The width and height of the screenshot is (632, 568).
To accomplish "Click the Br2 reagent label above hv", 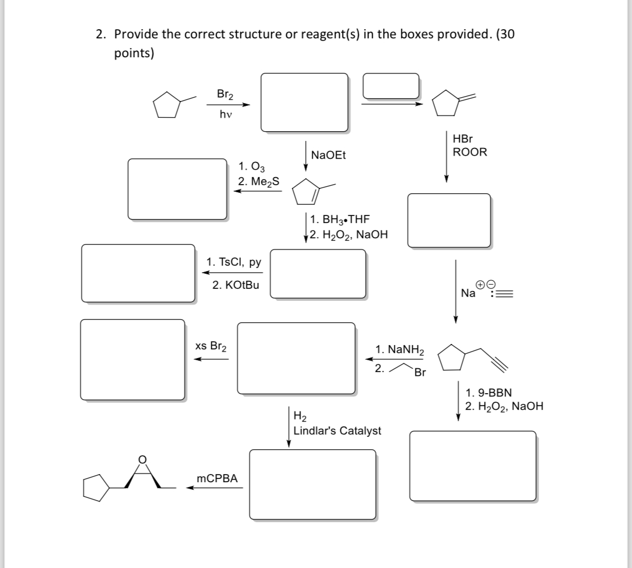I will click(225, 94).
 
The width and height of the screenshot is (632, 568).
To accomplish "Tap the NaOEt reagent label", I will click(328, 155).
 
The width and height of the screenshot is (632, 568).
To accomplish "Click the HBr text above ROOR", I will click(462, 139).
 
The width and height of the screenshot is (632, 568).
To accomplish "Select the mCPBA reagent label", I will click(218, 478).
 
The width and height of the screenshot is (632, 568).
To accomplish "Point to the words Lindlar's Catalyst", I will click(337, 431).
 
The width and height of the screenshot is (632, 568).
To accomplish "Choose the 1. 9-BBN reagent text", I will click(488, 393).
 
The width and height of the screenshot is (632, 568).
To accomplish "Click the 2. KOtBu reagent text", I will click(236, 285).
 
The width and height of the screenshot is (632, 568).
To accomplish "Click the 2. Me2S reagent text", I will click(259, 181).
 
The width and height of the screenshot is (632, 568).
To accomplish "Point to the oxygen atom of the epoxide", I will click(143, 459).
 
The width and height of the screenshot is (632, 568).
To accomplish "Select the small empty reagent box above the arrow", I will click(391, 86).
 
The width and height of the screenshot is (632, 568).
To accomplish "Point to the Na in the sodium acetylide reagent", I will click(468, 293).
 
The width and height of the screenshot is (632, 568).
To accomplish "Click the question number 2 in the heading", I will click(100, 35).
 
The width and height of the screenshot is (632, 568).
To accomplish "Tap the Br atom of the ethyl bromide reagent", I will click(420, 373).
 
